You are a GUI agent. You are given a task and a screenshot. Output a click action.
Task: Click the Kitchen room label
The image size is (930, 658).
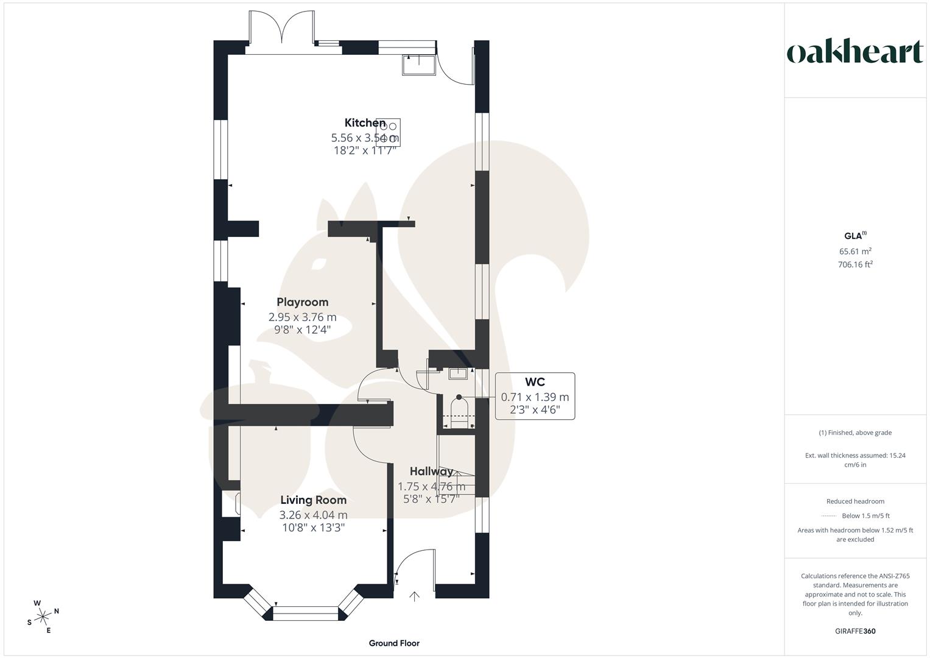[x=365, y=122]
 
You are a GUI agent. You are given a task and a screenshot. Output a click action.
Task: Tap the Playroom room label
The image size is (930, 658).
[x=302, y=302]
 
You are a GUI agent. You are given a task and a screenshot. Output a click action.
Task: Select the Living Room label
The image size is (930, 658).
[x=313, y=500]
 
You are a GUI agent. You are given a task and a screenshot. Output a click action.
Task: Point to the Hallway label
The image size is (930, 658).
[x=431, y=471]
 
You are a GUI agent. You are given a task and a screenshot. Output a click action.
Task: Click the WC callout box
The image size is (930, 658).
[x=535, y=396]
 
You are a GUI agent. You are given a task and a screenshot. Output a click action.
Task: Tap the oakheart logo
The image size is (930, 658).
[x=855, y=52]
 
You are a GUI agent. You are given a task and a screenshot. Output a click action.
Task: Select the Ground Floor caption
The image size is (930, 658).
[x=394, y=643]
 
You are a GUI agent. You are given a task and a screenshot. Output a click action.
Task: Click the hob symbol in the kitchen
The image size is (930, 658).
[x=392, y=132]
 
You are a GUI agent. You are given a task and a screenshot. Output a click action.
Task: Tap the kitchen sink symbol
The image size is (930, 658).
[x=419, y=65]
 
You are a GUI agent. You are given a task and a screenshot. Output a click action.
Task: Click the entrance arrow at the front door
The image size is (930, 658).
[x=415, y=596]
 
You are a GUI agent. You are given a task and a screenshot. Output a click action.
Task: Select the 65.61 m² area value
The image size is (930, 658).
[x=855, y=251]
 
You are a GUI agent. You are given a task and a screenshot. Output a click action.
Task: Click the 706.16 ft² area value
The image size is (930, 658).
[x=855, y=264]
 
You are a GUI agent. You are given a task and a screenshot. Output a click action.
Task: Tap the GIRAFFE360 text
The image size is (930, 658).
[x=855, y=631]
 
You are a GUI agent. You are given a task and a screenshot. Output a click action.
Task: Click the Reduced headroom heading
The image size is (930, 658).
[x=855, y=501]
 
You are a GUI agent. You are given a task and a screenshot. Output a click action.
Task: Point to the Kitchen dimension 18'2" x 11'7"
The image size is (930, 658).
[x=365, y=150]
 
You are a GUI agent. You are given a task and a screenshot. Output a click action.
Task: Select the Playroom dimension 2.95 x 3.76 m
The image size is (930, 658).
[x=302, y=317]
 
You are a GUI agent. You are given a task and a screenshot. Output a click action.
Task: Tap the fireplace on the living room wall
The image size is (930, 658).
[x=235, y=504]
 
